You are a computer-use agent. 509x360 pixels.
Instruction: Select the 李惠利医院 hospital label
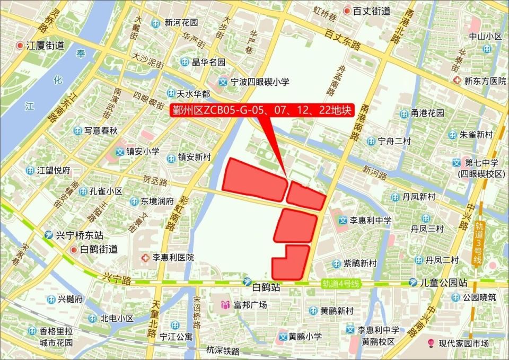click(173, 258)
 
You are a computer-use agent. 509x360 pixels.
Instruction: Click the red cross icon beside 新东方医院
click(458, 81)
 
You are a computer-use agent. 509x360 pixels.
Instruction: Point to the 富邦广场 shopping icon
click(226, 305)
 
